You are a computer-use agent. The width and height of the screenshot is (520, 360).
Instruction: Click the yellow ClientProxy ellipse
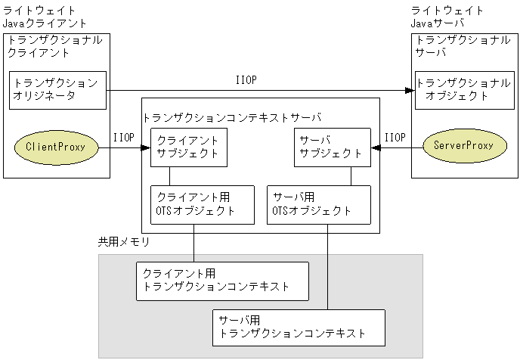[x=54, y=146]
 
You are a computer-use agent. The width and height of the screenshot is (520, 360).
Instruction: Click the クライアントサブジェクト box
[x=188, y=147]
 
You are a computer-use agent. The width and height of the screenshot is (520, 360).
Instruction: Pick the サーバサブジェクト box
[x=330, y=147]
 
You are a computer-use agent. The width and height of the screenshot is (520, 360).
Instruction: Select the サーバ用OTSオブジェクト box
[x=320, y=204]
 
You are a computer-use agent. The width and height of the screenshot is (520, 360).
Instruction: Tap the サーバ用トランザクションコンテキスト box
[x=298, y=327]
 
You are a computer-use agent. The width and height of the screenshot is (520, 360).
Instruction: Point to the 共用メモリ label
[x=124, y=242]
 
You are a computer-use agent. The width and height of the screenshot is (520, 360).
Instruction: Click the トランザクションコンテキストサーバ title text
[x=232, y=117]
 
